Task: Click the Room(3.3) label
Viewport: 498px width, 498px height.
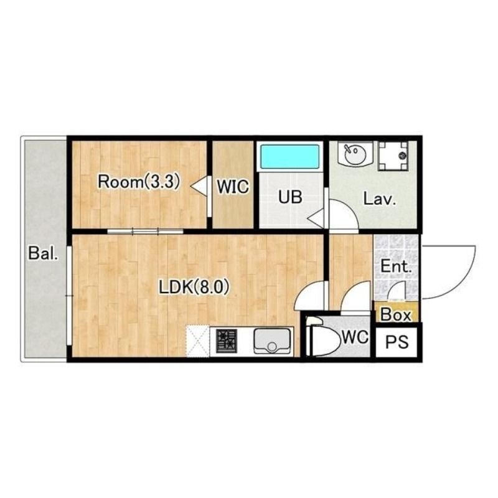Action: coord(139,182)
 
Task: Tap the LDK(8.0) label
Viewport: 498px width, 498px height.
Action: coord(194,288)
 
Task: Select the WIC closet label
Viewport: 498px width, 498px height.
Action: coord(233,186)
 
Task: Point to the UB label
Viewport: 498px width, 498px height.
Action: coord(290,197)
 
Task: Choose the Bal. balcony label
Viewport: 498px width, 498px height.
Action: coord(44,253)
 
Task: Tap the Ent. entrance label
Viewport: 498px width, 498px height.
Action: coord(396,266)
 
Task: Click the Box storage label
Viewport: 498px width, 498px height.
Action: coord(396,315)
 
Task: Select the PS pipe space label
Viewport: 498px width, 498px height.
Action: coord(397,342)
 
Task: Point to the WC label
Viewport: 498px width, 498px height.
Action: coord(355,337)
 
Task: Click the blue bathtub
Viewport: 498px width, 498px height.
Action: coord(289,156)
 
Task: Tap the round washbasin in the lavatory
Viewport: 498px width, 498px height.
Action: coord(354,154)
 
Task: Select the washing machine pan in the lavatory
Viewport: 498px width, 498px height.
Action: coord(393,156)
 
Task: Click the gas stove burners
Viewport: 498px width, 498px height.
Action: coord(227,341)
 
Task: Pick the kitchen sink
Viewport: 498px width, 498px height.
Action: coord(272,341)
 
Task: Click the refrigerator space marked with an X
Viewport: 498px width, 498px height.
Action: coord(197,341)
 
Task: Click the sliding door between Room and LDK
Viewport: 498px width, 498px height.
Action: coord(145,231)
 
